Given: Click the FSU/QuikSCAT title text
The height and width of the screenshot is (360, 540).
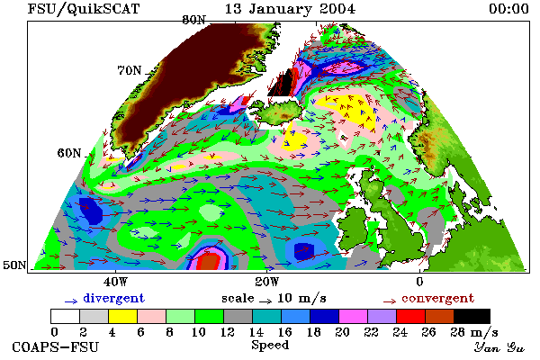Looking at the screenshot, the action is (84, 9).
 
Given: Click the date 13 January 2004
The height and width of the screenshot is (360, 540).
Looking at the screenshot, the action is (291, 9).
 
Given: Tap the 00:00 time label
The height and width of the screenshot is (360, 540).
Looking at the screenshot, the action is (508, 9).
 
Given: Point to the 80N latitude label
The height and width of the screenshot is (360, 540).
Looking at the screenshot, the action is (193, 20).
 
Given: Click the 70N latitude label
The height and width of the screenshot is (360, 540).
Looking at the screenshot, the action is (130, 70).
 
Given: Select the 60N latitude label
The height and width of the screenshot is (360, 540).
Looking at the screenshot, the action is (69, 153).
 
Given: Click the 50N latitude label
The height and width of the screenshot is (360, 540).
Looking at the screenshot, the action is (14, 265).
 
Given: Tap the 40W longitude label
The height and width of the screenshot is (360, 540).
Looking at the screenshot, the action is (115, 282).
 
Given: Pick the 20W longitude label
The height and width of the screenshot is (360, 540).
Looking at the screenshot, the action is (267, 282).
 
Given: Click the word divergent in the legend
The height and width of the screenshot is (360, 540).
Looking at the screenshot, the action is (114, 298).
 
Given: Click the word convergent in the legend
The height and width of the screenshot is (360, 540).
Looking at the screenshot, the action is (438, 298).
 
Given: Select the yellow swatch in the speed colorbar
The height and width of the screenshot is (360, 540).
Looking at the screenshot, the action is (122, 316).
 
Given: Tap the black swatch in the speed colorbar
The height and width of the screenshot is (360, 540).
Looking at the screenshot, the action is (472, 316).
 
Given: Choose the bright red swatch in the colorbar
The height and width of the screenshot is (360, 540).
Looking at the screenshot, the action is (411, 316).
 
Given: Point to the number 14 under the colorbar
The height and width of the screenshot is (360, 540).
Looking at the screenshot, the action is (256, 332).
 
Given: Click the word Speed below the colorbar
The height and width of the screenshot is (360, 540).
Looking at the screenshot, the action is (270, 345).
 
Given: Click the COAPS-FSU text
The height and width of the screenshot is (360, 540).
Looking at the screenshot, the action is (56, 346).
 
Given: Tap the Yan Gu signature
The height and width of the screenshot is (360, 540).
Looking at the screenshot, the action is (500, 347).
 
